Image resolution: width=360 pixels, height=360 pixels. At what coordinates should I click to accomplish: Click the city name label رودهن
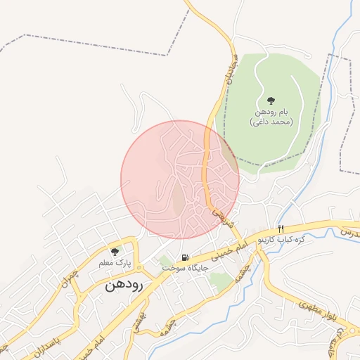pos(124,285)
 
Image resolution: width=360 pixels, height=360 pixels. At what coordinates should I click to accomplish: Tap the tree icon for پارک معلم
pos(115,251)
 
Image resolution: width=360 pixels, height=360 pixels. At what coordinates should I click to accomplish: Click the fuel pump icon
pos(185,257)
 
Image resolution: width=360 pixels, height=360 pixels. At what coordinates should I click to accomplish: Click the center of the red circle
pos(180,180)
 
